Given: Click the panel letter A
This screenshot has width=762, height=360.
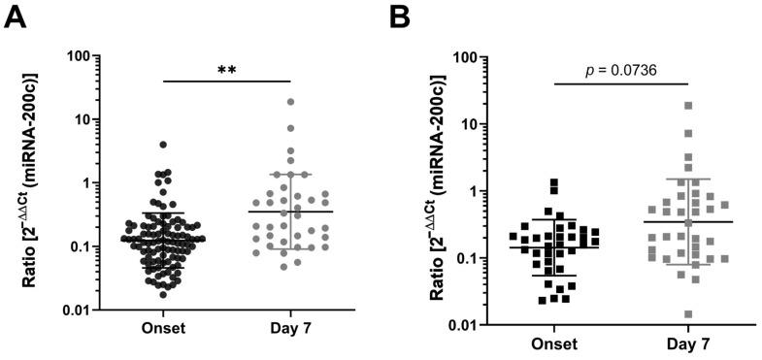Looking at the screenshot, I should pyautogui.click(x=15, y=16).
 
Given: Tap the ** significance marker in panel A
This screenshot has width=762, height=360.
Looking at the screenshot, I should pyautogui.click(x=228, y=70).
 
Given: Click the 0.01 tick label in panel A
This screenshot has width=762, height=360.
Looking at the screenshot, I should pyautogui.click(x=63, y=310).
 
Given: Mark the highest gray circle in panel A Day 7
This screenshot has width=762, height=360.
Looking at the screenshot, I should pyautogui.click(x=290, y=102).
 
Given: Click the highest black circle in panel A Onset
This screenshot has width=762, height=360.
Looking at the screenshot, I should pyautogui.click(x=163, y=145).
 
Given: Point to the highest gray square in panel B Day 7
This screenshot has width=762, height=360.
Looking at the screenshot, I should pyautogui.click(x=688, y=106).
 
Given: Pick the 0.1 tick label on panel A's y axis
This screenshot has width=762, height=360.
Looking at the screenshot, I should pyautogui.click(x=67, y=246).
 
